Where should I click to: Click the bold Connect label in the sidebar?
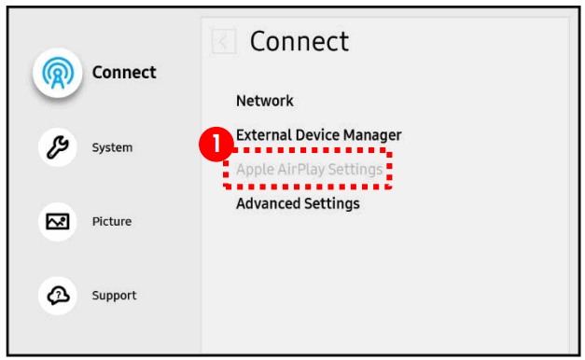coord(124,73)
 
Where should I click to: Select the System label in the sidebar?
coord(112,147)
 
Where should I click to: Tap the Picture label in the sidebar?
coord(111,222)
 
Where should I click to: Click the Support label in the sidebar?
coord(114,296)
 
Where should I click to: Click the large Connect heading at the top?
coord(299,41)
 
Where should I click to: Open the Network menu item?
coord(265,101)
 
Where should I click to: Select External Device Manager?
coord(318,135)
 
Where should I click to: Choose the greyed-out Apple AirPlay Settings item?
coord(309,170)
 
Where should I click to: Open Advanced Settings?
coord(298,203)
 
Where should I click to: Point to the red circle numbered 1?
coord(216,144)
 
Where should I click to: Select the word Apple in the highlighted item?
coord(254,170)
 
